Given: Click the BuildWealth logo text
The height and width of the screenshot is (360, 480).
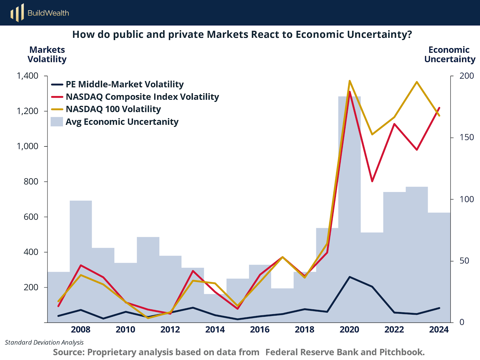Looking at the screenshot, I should (48, 13).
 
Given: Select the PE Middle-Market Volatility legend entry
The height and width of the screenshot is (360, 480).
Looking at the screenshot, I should (124, 84).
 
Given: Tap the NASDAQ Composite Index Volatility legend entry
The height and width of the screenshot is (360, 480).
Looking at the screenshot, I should (142, 97).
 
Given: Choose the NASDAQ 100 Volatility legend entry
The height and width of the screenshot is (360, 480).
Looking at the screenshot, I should (113, 109).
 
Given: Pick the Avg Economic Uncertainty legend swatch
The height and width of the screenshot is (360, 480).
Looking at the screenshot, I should (57, 121).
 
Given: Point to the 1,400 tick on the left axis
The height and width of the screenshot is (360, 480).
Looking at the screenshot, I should (28, 76).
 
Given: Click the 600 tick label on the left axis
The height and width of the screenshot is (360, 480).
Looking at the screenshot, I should (31, 217).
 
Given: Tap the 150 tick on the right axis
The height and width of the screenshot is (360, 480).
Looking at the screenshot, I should (466, 137).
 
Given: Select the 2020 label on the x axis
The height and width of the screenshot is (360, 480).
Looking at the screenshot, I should (349, 329).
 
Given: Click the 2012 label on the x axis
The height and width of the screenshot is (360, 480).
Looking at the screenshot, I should (170, 329).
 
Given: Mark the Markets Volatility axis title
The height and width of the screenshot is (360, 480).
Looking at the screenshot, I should (47, 54).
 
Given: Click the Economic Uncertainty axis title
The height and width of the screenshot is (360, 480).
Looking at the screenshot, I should (449, 54).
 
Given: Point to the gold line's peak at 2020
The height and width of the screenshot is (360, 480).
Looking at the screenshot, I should (349, 81).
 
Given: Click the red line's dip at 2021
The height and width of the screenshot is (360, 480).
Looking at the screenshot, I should (372, 181).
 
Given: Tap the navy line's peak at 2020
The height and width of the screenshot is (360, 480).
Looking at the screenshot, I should (349, 277).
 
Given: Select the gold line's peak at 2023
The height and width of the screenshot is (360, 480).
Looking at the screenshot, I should (417, 82).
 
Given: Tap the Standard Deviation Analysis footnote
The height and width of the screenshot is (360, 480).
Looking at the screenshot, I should (44, 342).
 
